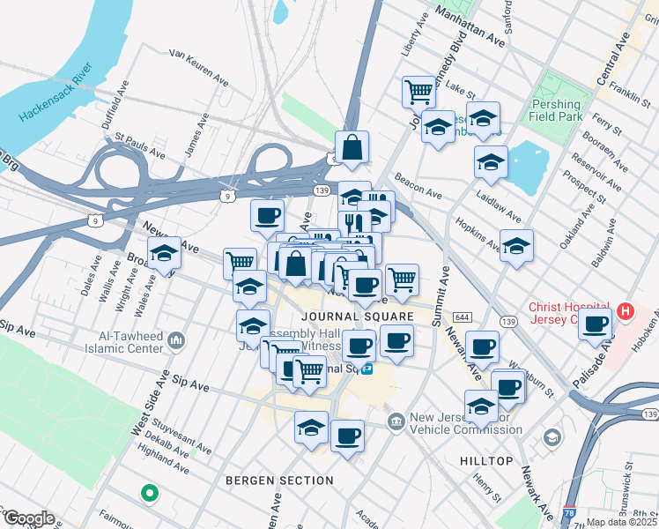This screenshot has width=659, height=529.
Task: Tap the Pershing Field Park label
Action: [x=555, y=110]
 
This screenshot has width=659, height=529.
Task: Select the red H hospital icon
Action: [x=625, y=311]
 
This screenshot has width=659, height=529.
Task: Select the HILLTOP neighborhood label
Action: [x=486, y=461]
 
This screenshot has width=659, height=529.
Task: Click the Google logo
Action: [x=28, y=518]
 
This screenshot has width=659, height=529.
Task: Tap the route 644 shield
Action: [x=462, y=317]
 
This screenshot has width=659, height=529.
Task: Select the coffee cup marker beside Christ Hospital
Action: [x=596, y=323]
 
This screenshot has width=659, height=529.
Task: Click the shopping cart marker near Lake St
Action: [x=419, y=90]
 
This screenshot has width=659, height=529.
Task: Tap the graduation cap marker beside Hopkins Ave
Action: [x=517, y=244]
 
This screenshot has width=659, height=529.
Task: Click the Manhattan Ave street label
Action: [x=472, y=28]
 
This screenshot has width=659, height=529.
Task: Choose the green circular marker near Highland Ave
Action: [x=150, y=493]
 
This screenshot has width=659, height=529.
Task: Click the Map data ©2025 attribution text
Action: [x=622, y=522]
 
